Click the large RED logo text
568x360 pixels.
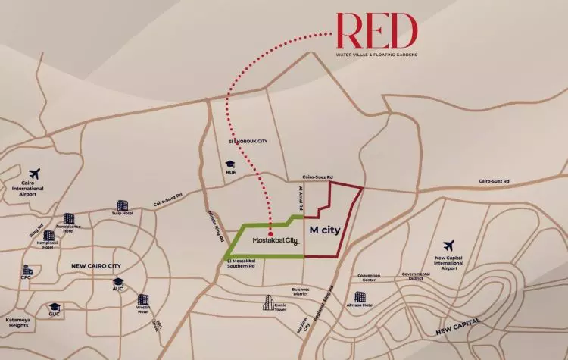[377, 31]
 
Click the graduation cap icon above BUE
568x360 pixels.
[228, 163]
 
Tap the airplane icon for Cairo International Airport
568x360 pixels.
[33, 174]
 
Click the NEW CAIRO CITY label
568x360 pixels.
[98, 266]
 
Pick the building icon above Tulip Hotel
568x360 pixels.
[123, 204]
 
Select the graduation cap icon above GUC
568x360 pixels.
[55, 306]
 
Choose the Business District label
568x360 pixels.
[302, 291]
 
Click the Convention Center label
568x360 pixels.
[370, 277]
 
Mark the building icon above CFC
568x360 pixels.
[28, 269]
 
